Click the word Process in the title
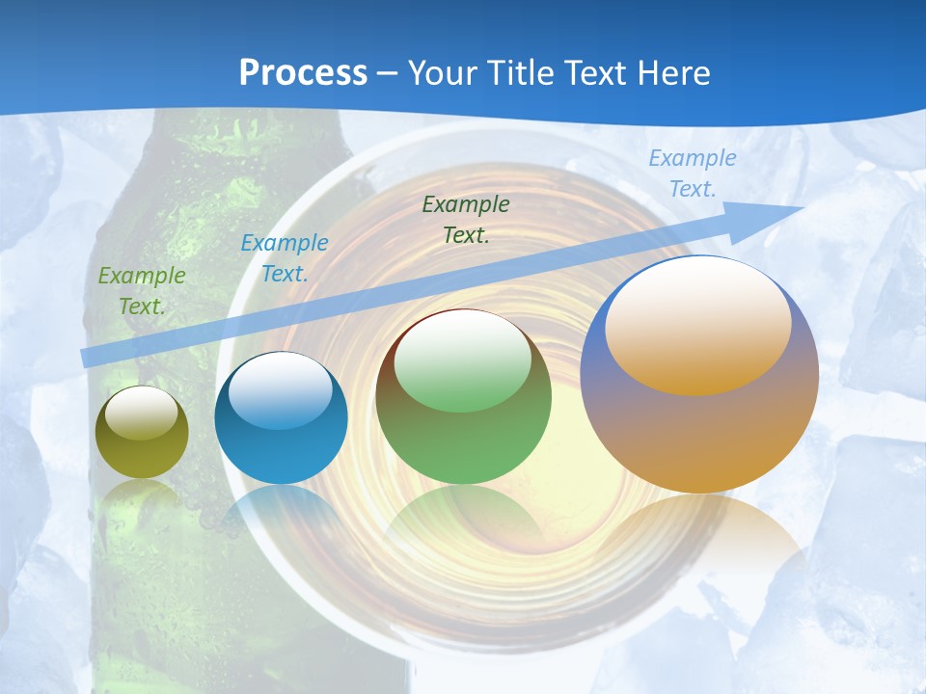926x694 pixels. tap(303, 73)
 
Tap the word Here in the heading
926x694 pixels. tap(671, 73)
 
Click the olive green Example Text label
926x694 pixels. tap(141, 291)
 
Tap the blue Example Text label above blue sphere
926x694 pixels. tap(284, 258)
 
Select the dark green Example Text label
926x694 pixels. tap(466, 219)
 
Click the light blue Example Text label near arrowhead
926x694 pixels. tap(692, 173)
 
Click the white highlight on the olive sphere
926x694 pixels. tap(141, 413)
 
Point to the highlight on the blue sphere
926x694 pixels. tap(280, 390)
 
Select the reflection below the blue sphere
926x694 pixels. tap(281, 511)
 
